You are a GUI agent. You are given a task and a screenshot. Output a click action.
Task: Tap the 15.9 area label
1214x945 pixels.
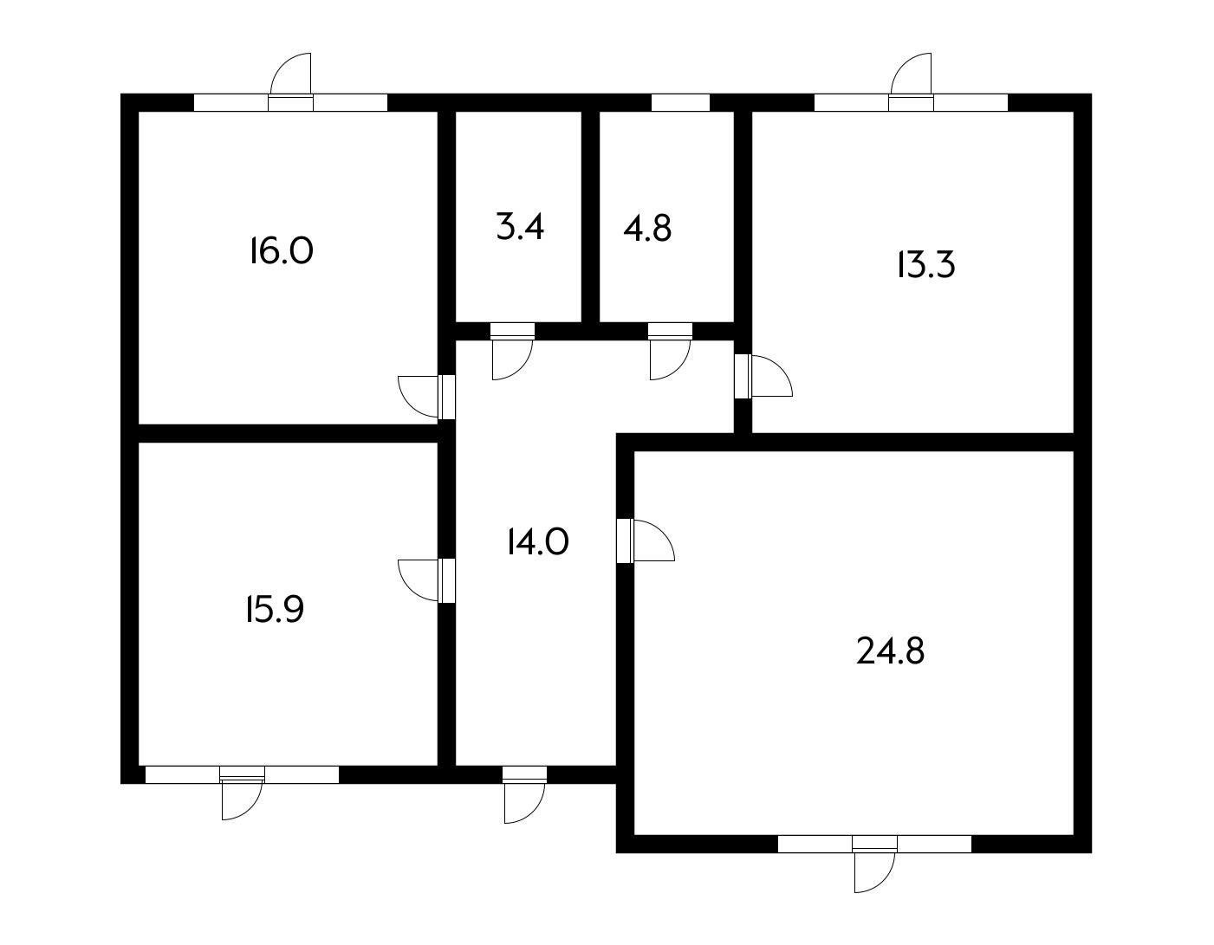(275, 609)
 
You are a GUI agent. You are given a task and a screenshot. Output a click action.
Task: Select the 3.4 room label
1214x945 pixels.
(520, 227)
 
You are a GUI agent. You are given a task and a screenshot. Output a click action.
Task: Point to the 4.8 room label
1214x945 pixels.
(647, 229)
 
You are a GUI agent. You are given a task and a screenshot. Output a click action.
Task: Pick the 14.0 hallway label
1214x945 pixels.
(538, 542)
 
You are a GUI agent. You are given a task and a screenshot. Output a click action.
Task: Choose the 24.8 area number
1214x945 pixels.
(891, 651)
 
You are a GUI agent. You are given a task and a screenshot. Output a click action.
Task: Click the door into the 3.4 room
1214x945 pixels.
(512, 351)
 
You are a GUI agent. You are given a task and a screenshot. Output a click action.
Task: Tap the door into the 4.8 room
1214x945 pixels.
(670, 351)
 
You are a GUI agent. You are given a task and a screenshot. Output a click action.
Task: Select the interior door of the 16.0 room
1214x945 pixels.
(427, 397)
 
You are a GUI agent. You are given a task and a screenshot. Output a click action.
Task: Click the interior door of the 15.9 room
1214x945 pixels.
(427, 580)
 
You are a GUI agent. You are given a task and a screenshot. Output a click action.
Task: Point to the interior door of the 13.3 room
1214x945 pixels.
(763, 376)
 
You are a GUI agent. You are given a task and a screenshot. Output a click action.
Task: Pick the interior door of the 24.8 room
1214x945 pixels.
(646, 540)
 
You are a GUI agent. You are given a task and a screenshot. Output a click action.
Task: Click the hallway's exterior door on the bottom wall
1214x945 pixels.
(524, 794)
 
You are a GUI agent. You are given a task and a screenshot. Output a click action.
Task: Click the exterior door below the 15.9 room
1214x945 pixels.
(242, 793)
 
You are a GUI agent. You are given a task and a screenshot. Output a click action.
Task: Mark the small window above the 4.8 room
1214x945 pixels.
(680, 103)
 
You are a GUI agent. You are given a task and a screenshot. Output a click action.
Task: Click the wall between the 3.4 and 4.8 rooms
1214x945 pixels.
(590, 217)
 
